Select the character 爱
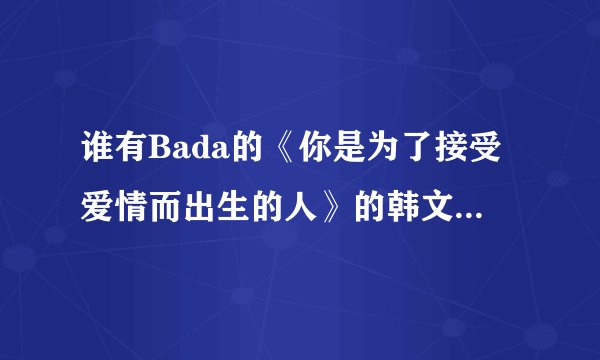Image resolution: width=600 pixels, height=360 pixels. (x=100, y=201)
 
